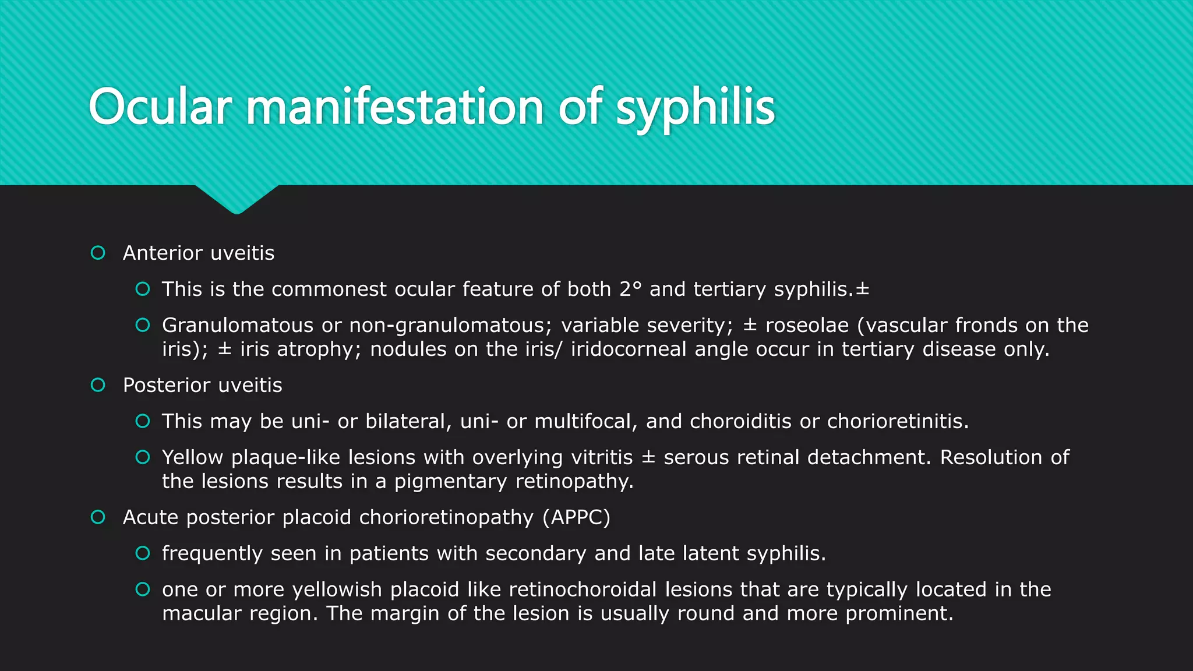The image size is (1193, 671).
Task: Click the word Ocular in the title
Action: click(160, 108)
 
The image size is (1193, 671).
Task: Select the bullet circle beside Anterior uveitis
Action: click(98, 253)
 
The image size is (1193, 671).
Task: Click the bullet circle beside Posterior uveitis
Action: click(98, 385)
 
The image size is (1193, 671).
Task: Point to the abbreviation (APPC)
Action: click(576, 517)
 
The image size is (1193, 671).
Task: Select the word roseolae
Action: click(807, 325)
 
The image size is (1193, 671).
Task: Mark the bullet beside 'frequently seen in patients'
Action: click(143, 553)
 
